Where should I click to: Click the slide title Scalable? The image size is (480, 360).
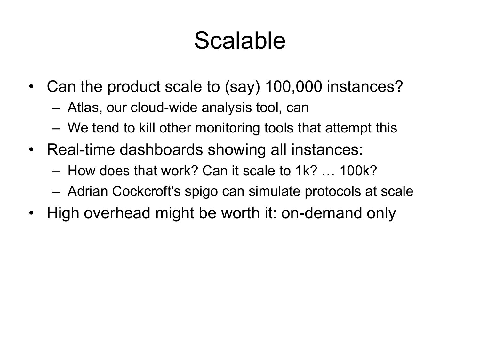click(x=240, y=41)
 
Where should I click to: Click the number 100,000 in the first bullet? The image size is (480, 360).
click(x=293, y=86)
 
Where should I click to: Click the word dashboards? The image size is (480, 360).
click(x=161, y=150)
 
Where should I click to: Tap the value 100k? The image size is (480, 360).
click(x=358, y=171)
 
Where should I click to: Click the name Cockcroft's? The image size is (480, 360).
click(x=146, y=191)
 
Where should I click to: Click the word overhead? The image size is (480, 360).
click(x=117, y=213)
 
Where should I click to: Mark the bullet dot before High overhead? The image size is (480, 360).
click(x=31, y=213)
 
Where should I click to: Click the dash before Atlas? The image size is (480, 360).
click(x=56, y=108)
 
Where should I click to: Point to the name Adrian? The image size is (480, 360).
click(x=88, y=191)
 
